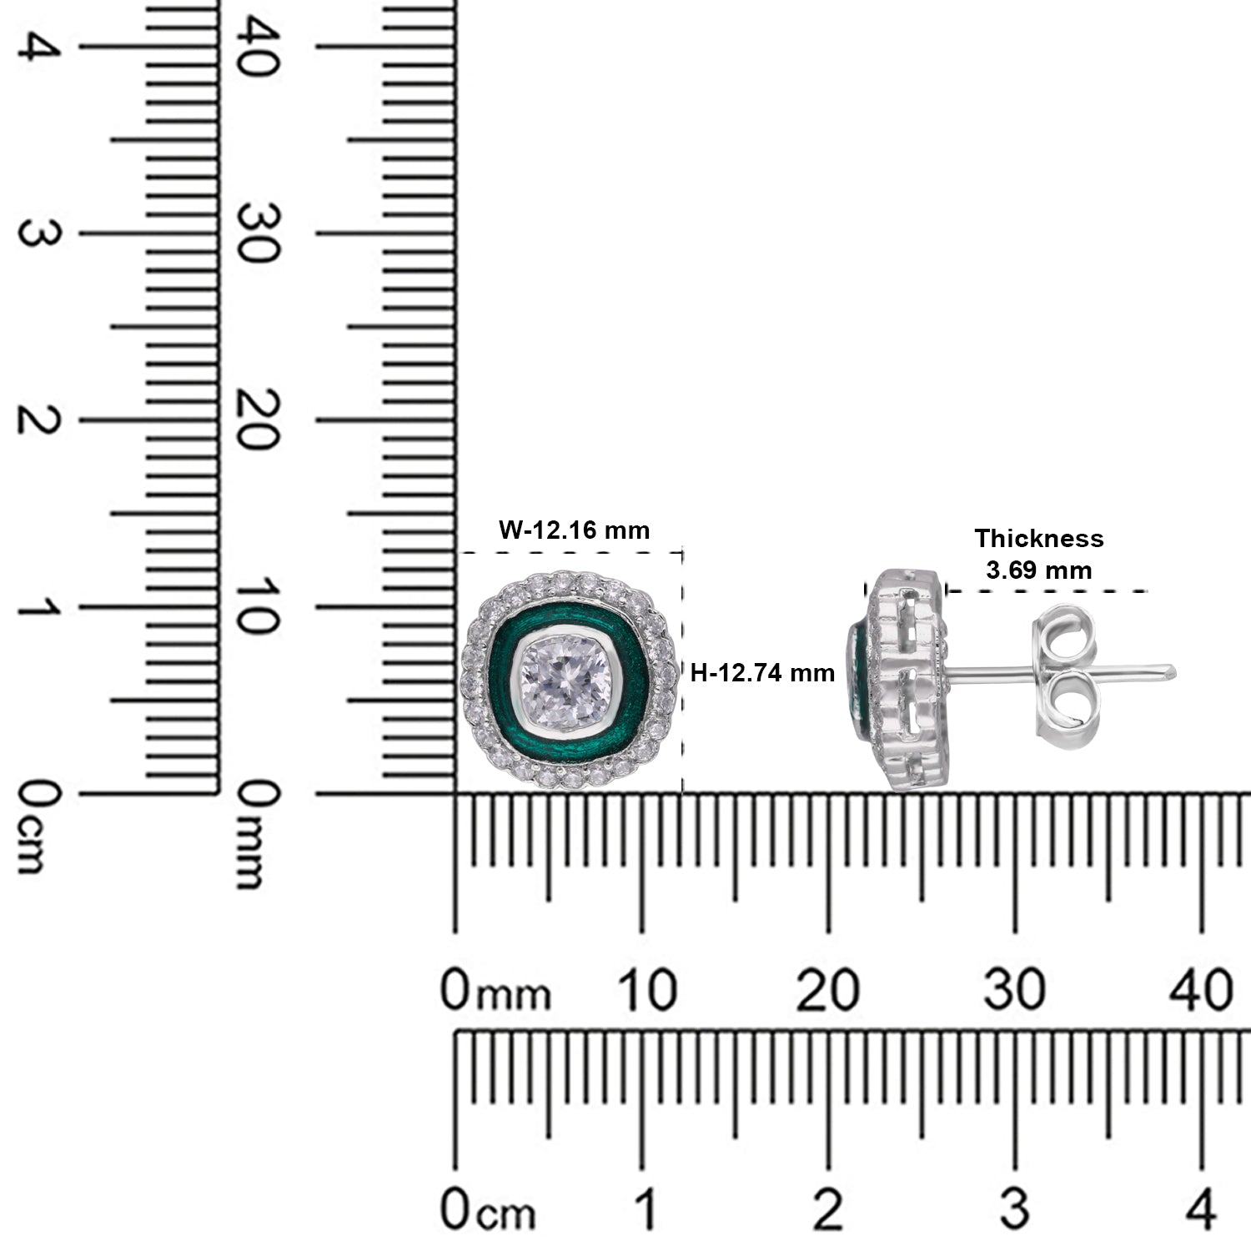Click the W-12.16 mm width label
click(x=574, y=530)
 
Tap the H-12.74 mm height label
click(x=762, y=673)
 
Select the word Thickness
click(x=1039, y=539)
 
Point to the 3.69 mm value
click(x=1039, y=570)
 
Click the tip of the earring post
click(x=1174, y=669)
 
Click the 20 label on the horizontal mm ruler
click(x=827, y=992)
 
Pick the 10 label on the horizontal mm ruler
click(x=646, y=992)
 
